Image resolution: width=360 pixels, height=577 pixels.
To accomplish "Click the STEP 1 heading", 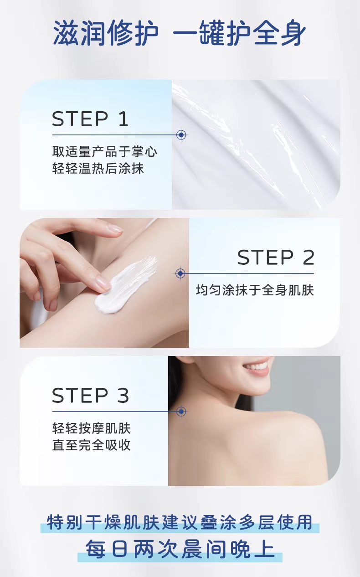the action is pyautogui.click(x=90, y=119).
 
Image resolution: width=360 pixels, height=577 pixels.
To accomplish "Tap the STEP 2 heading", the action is pyautogui.click(x=276, y=258).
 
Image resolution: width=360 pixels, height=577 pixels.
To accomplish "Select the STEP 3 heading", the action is pyautogui.click(x=90, y=396).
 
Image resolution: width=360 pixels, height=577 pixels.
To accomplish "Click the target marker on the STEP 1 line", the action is pyautogui.click(x=181, y=135).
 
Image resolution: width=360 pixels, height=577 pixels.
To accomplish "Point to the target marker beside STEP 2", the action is pyautogui.click(x=180, y=273).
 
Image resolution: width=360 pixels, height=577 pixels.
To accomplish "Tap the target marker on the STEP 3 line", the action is pyautogui.click(x=181, y=412).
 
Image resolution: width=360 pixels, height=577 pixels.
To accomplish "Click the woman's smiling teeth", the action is pyautogui.click(x=256, y=367).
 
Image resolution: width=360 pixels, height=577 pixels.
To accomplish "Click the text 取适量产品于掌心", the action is pyautogui.click(x=104, y=151).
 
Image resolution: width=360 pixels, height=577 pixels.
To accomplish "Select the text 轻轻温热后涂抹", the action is pyautogui.click(x=98, y=169).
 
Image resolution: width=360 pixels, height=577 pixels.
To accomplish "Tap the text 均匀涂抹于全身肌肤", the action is pyautogui.click(x=255, y=290).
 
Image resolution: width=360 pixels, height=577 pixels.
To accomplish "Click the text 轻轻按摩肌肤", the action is pyautogui.click(x=92, y=428).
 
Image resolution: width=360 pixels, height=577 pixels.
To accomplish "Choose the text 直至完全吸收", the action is pyautogui.click(x=92, y=445).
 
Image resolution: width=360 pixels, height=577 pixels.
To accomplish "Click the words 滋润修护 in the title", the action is pyautogui.click(x=106, y=33).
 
